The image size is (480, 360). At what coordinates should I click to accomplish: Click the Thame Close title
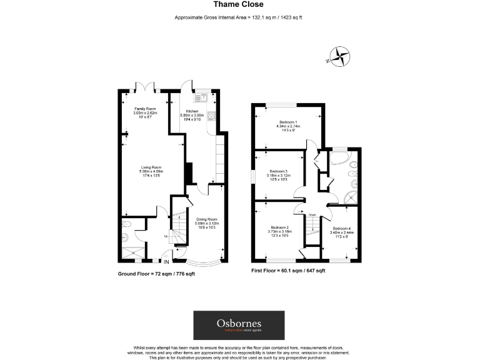[x=239, y=6]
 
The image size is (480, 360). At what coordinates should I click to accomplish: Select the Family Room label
[x=145, y=113]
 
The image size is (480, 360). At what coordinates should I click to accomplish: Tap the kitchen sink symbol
[x=203, y=97]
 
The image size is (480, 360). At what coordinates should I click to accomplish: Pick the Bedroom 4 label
[x=342, y=232]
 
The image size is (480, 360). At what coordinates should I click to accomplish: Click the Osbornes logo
[x=239, y=325]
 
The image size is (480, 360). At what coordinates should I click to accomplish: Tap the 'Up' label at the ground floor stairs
[x=165, y=236]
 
